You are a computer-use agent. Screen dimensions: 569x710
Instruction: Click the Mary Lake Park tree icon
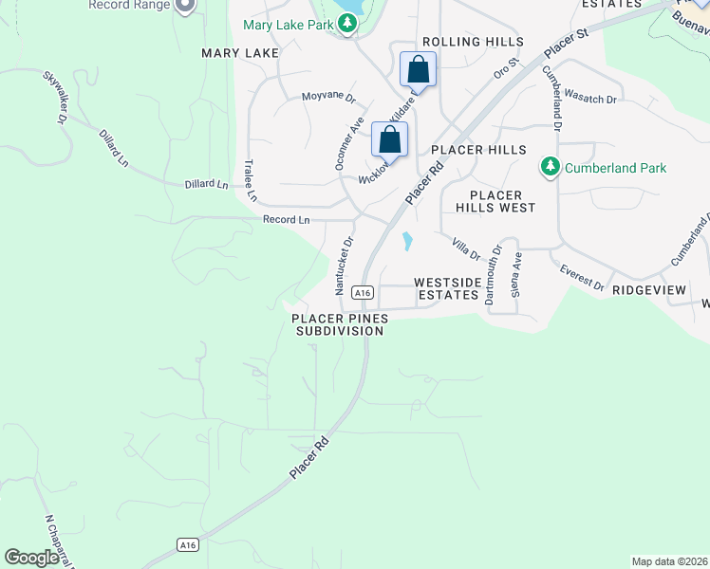coord(348,25)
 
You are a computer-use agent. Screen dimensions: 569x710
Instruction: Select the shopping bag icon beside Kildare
coord(418,69)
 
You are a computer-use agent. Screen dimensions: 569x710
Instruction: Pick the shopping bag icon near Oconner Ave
coord(389,139)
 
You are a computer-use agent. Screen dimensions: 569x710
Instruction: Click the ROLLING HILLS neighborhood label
coord(473,43)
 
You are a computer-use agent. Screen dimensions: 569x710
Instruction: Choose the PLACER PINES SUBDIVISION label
coord(339,324)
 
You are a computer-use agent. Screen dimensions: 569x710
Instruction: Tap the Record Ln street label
coord(287,220)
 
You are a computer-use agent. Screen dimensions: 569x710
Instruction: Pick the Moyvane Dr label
coord(327,98)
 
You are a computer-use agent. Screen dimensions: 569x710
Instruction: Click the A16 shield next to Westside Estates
coord(362,291)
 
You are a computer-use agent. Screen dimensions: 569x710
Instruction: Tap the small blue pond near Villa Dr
coord(408,241)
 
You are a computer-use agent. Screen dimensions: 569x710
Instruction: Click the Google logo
coord(32,558)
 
